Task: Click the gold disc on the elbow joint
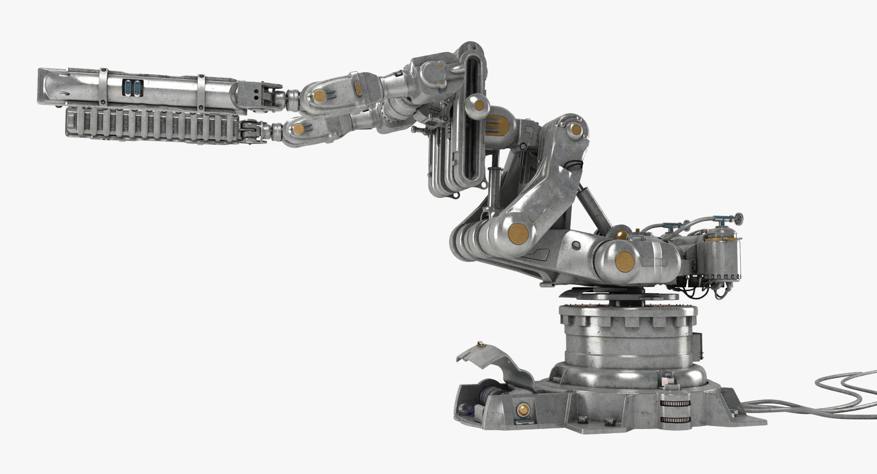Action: [x=518, y=233]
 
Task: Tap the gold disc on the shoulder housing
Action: [x=624, y=261]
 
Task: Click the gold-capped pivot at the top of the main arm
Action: [x=575, y=130]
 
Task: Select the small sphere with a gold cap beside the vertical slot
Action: [x=477, y=106]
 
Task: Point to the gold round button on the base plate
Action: [x=523, y=409]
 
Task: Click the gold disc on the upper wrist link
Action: [x=319, y=96]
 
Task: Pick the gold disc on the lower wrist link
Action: [x=298, y=129]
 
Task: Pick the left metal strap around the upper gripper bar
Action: [x=103, y=87]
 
